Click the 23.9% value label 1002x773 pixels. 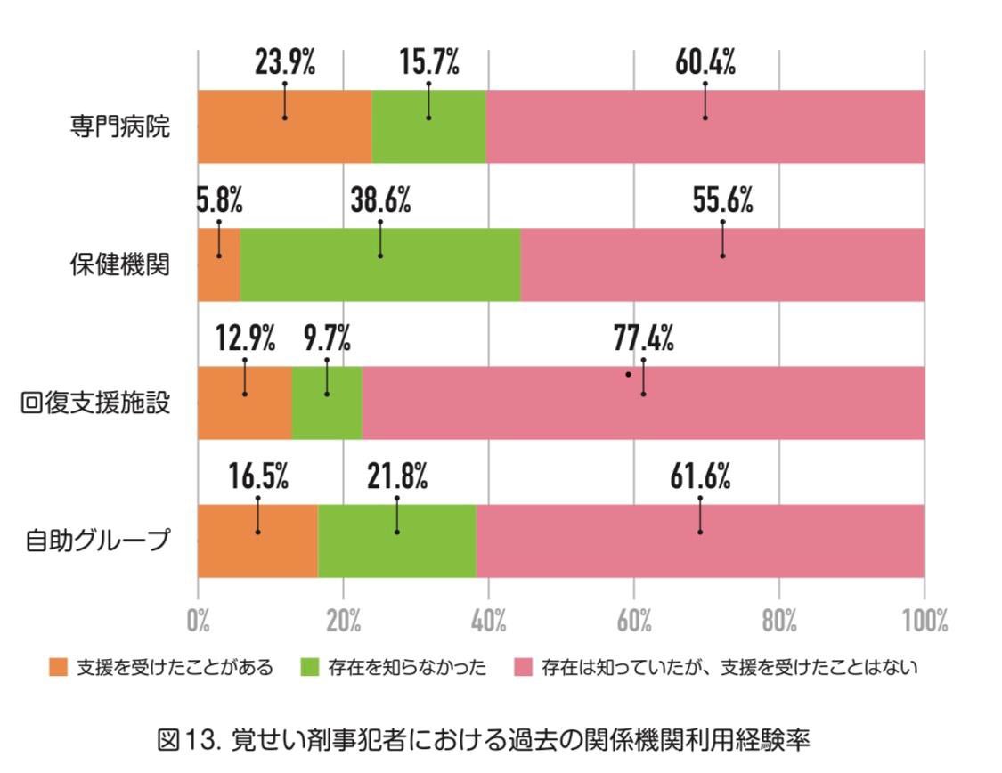click(x=285, y=62)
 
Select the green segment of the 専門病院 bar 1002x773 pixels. click(x=428, y=126)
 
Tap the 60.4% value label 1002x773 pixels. click(x=705, y=62)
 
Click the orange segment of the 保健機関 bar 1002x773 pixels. click(x=219, y=264)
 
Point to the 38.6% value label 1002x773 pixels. click(x=381, y=200)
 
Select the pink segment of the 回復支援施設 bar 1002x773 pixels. click(x=643, y=403)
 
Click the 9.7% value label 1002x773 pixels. click(x=327, y=338)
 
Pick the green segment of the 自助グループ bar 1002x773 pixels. click(x=397, y=541)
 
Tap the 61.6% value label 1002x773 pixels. click(x=700, y=476)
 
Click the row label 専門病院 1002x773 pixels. click(x=120, y=126)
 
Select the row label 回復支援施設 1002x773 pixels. click(x=95, y=403)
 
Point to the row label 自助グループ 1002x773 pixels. click(x=98, y=541)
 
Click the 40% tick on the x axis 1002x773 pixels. click(x=489, y=621)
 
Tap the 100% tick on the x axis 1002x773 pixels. click(x=925, y=621)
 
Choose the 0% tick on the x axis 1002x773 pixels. click(x=198, y=621)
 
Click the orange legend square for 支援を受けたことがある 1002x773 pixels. click(x=58, y=668)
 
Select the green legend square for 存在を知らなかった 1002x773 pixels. click(x=309, y=668)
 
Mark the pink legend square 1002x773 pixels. click(x=524, y=668)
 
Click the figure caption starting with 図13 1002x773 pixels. click(x=484, y=740)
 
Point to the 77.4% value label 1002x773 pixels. click(x=643, y=338)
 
